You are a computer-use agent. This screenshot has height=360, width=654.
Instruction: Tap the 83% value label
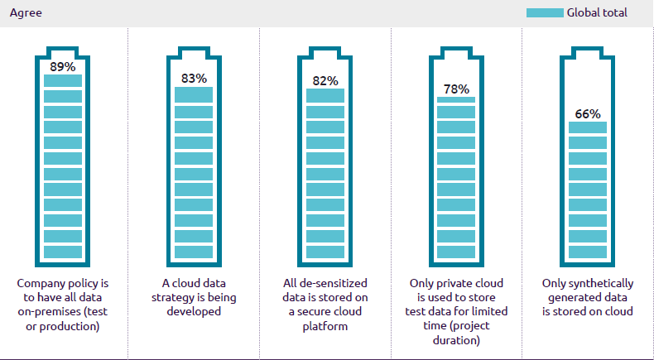194,79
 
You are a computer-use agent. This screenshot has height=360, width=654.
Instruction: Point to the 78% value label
456,89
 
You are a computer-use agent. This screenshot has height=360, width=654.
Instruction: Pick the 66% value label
588,113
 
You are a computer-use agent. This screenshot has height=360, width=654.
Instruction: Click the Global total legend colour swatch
545,12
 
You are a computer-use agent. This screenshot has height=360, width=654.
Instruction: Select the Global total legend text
597,12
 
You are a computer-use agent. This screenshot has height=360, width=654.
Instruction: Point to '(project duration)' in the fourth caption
456,333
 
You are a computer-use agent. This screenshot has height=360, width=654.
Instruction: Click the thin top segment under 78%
456,99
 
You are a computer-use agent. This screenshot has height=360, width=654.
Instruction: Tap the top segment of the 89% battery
63,80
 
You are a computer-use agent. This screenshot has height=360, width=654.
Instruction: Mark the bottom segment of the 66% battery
588,252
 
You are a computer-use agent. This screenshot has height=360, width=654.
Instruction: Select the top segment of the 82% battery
325,95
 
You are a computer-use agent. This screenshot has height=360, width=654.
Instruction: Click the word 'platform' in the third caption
325,326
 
